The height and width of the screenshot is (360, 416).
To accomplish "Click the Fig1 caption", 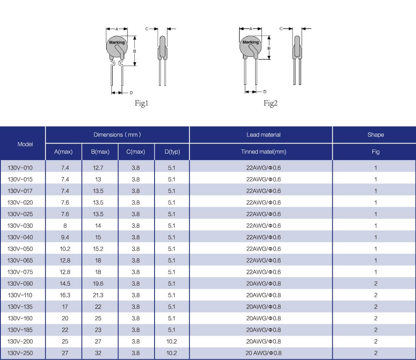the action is pyautogui.click(x=141, y=103).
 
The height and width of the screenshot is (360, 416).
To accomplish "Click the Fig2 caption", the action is pyautogui.click(x=270, y=103).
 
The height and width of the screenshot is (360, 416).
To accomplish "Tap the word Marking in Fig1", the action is pyautogui.click(x=117, y=42).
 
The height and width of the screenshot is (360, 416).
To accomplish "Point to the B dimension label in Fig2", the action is pyautogui.click(x=269, y=49).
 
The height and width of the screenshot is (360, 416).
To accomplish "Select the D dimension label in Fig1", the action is pyautogui.click(x=131, y=92).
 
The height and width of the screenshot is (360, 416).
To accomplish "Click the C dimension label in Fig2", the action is pyautogui.click(x=281, y=29).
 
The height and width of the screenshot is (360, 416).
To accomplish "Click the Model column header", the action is pyautogui.click(x=25, y=144).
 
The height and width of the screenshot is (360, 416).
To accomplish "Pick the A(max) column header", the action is pyautogui.click(x=63, y=152).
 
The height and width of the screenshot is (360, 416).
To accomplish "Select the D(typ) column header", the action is pyautogui.click(x=172, y=152).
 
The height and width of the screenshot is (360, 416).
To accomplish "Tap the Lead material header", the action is pyautogui.click(x=264, y=135).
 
